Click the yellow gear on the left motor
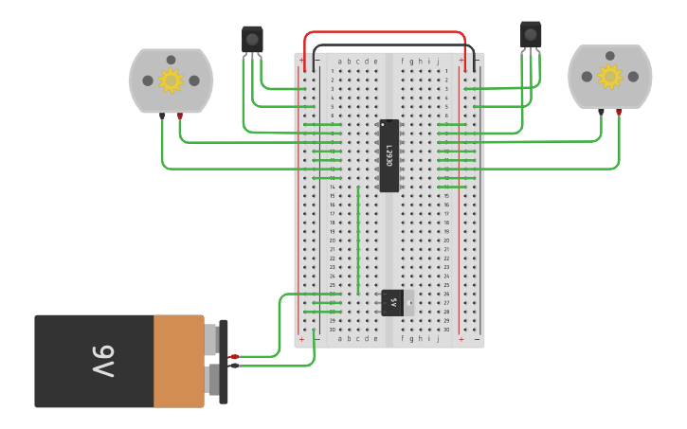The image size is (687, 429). tap(171, 80)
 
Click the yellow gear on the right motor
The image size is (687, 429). tap(609, 76)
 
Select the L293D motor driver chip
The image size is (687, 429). tap(389, 155)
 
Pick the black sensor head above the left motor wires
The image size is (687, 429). tap(252, 39)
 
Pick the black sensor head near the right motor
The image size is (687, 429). tap(531, 34)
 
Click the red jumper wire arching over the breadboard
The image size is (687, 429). tap(384, 32)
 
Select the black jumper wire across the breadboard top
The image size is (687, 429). tap(389, 45)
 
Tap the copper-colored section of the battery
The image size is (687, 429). tap(178, 361)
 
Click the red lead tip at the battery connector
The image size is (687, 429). tap(234, 356)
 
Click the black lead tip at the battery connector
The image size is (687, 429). tap(234, 366)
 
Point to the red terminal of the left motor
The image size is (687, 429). tap(180, 116)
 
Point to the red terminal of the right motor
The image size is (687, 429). tap(619, 112)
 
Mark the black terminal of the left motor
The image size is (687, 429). tap(162, 116)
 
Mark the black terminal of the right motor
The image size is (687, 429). tap(601, 112)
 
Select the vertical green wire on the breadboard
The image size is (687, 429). tap(358, 240)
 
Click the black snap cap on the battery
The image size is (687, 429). tap(224, 362)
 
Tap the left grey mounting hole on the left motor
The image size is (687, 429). tap(147, 81)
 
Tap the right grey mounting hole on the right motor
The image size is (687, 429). tap(633, 77)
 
